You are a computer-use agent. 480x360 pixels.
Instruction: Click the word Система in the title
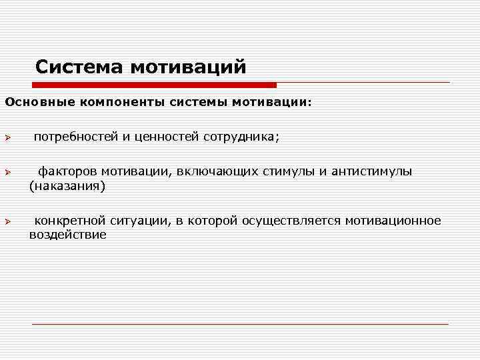(x=80, y=67)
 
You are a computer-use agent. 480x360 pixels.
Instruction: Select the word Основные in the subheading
(x=39, y=103)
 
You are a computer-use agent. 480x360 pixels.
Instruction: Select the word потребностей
(x=75, y=137)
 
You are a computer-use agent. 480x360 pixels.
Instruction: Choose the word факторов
(x=67, y=172)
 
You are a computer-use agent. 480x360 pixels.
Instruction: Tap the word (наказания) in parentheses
(x=67, y=186)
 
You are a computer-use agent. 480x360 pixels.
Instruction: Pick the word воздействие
(x=67, y=235)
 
